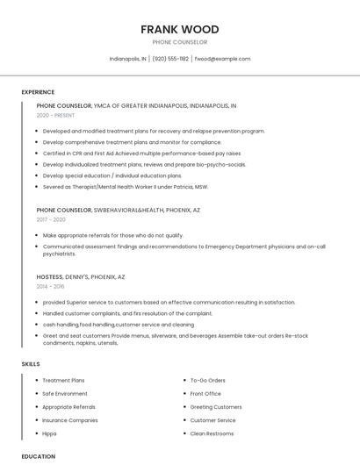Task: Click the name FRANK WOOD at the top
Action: [179, 29]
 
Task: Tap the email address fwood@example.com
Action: [222, 59]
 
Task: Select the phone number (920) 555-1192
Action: [170, 59]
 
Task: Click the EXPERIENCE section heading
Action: [38, 92]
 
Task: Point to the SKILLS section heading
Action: [31, 363]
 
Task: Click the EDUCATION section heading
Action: [39, 456]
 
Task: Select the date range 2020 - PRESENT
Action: [55, 115]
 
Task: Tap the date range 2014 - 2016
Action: [50, 286]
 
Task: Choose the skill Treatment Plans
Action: [63, 381]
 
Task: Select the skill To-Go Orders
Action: [208, 381]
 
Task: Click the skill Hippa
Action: [51, 433]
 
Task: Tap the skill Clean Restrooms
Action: [212, 433]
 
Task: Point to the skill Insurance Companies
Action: [70, 420]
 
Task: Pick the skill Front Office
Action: [205, 394]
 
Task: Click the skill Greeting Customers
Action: [216, 407]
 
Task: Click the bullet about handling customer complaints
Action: [127, 313]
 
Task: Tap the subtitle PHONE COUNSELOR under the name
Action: [179, 42]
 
